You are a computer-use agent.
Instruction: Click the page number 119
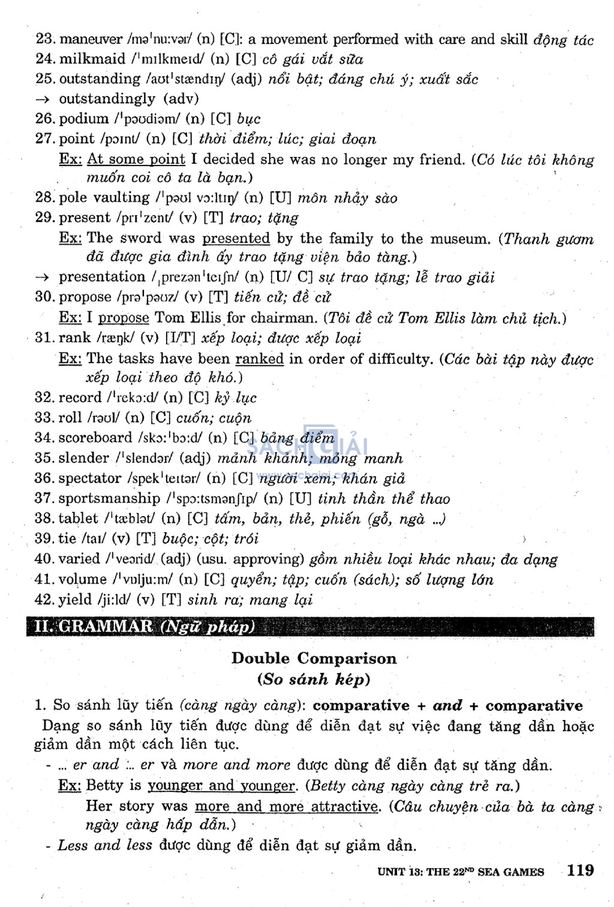click(x=580, y=870)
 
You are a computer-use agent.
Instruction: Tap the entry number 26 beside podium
click(x=45, y=118)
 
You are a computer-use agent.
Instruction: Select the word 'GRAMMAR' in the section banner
click(x=106, y=626)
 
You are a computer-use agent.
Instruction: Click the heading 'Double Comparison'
click(x=314, y=658)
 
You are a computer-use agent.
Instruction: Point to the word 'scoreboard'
click(x=95, y=438)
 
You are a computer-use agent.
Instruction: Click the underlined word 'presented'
click(x=236, y=238)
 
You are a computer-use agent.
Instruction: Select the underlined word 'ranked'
click(x=259, y=358)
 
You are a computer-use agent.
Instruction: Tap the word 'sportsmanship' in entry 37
click(x=109, y=498)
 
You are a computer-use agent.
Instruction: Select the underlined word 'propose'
click(x=124, y=318)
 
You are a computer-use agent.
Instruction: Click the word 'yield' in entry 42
click(x=74, y=599)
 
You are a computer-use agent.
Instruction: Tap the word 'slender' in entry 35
click(x=84, y=458)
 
